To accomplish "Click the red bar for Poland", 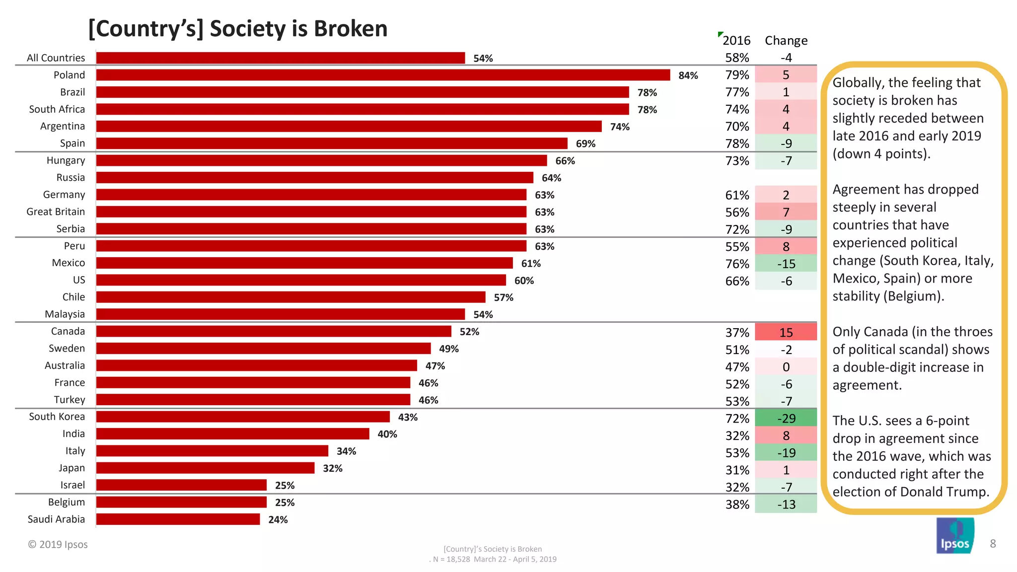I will coord(382,75).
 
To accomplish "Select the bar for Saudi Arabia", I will coord(178,519).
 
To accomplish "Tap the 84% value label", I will coord(688,75).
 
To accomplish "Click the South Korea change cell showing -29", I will coord(786,418).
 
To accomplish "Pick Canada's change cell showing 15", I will coord(786,332).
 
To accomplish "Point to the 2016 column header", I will coord(736,41).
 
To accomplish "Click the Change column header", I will coord(786,41).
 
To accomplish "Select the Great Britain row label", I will coord(56,212).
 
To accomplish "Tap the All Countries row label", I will coord(56,58).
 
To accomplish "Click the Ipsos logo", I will coord(954,536).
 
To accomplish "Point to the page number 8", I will coord(993,544).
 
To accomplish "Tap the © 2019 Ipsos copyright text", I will coord(58,545).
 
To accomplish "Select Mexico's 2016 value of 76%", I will coord(737,264).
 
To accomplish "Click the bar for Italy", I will coord(212,451).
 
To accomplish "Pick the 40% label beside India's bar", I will coord(387,434).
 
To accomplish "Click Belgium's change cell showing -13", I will coord(786,504).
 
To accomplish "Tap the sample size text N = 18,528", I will coord(451,560).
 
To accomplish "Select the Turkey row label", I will coord(70,400).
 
